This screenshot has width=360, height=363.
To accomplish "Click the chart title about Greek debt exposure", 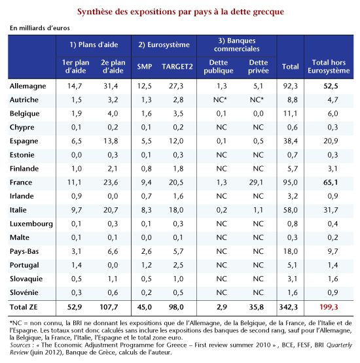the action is point(181,12).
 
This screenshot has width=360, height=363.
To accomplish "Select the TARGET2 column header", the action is point(177,67).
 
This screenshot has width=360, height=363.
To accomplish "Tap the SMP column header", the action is point(145,67).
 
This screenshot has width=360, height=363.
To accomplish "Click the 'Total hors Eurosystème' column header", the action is point(329,67).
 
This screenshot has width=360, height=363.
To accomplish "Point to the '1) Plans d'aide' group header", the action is point(94,44).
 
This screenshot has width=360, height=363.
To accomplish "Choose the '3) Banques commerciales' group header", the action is point(237,44).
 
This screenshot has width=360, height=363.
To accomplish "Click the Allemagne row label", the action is point(27,86).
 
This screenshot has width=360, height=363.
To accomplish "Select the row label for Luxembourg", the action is point(31,224).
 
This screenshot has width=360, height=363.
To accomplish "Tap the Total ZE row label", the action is point(24,307).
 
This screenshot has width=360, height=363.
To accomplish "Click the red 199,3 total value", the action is point(329,307).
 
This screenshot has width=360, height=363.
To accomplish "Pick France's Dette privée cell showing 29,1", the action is point(256,182).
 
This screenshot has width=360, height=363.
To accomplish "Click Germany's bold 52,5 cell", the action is point(331,86).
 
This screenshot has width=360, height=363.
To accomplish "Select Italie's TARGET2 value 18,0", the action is point(176,210).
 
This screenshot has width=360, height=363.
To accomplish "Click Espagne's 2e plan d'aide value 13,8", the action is point(111,141).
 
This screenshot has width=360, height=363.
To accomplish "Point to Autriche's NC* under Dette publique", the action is point(220,100).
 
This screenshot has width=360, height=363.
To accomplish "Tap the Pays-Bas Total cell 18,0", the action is point(291,251).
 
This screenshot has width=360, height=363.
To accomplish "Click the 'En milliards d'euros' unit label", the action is point(40,28).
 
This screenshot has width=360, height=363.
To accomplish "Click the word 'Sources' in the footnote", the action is point(20,345).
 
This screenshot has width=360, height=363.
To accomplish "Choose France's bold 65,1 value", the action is point(331,182).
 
